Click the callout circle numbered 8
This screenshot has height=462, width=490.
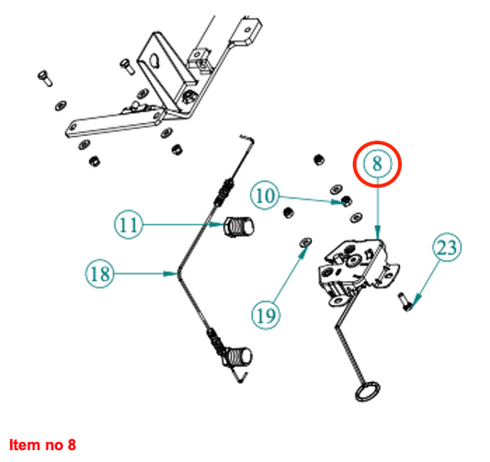pos(377,164)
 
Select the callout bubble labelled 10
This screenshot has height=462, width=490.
pos(265,195)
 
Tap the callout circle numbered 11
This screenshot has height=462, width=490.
pos(129,224)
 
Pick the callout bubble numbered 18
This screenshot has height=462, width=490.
pos(99,274)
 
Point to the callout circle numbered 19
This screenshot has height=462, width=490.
pos(266,315)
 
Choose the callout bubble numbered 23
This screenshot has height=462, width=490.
pos(447,247)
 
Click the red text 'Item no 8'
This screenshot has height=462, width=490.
pos(42,445)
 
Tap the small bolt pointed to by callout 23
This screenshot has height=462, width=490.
pos(405,302)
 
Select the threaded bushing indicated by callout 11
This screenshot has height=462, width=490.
pos(239,226)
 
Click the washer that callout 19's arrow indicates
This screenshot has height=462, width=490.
pos(305,242)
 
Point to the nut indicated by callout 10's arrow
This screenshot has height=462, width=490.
pos(347,200)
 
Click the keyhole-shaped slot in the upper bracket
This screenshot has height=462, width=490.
pos(154,60)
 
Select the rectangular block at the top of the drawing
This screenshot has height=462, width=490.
pos(246,31)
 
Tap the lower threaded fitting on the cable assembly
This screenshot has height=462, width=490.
pos(236,356)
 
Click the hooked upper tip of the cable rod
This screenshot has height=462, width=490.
pos(247,140)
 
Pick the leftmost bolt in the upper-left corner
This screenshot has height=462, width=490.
pos(45,78)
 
